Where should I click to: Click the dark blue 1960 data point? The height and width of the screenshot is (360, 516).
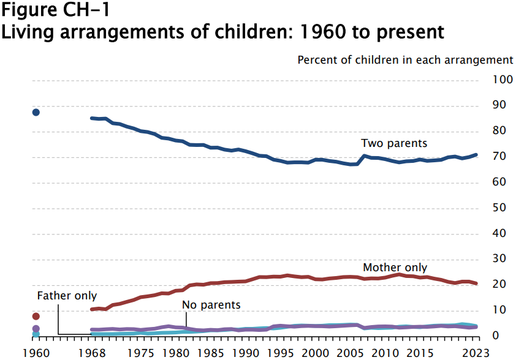(36, 112)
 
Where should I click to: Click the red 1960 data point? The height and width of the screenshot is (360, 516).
(36, 316)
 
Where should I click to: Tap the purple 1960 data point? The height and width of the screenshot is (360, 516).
(36, 329)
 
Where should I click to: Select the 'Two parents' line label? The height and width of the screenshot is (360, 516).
(393, 143)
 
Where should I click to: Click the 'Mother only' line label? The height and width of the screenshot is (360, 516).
(395, 268)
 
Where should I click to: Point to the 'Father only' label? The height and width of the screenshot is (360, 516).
(67, 295)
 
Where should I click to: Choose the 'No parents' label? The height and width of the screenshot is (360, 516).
(211, 304)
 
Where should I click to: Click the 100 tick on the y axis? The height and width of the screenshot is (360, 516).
(502, 80)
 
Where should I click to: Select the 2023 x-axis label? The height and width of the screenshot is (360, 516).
(475, 353)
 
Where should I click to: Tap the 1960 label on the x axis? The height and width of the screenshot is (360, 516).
(36, 353)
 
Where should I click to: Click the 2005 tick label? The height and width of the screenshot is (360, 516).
(350, 353)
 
